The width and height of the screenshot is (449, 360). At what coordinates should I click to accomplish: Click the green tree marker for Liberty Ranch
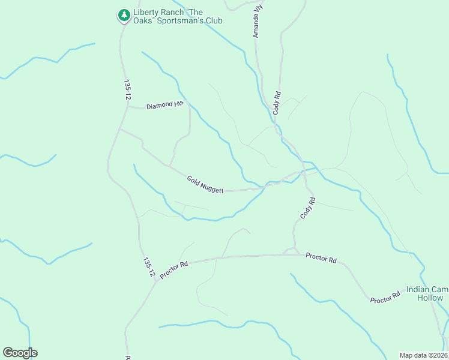pyautogui.click(x=124, y=15)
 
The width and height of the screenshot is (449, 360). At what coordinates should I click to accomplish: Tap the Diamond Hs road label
pyautogui.click(x=164, y=105)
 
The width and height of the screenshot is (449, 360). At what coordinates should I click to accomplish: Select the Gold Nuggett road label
pyautogui.click(x=205, y=184)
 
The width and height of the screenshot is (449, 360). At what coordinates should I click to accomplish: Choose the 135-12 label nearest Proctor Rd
pyautogui.click(x=149, y=267)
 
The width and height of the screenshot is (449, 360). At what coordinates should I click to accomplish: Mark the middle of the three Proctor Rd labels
pyautogui.click(x=321, y=257)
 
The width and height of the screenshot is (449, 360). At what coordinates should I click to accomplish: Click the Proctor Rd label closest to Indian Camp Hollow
pyautogui.click(x=385, y=297)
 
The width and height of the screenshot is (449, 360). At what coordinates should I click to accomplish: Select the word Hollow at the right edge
pyautogui.click(x=430, y=298)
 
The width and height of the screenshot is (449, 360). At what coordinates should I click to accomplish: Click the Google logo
pyautogui.click(x=20, y=353)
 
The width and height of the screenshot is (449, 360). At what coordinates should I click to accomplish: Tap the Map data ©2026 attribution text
pyautogui.click(x=424, y=355)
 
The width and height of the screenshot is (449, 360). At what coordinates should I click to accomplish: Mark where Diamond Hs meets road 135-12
pyautogui.click(x=127, y=107)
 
